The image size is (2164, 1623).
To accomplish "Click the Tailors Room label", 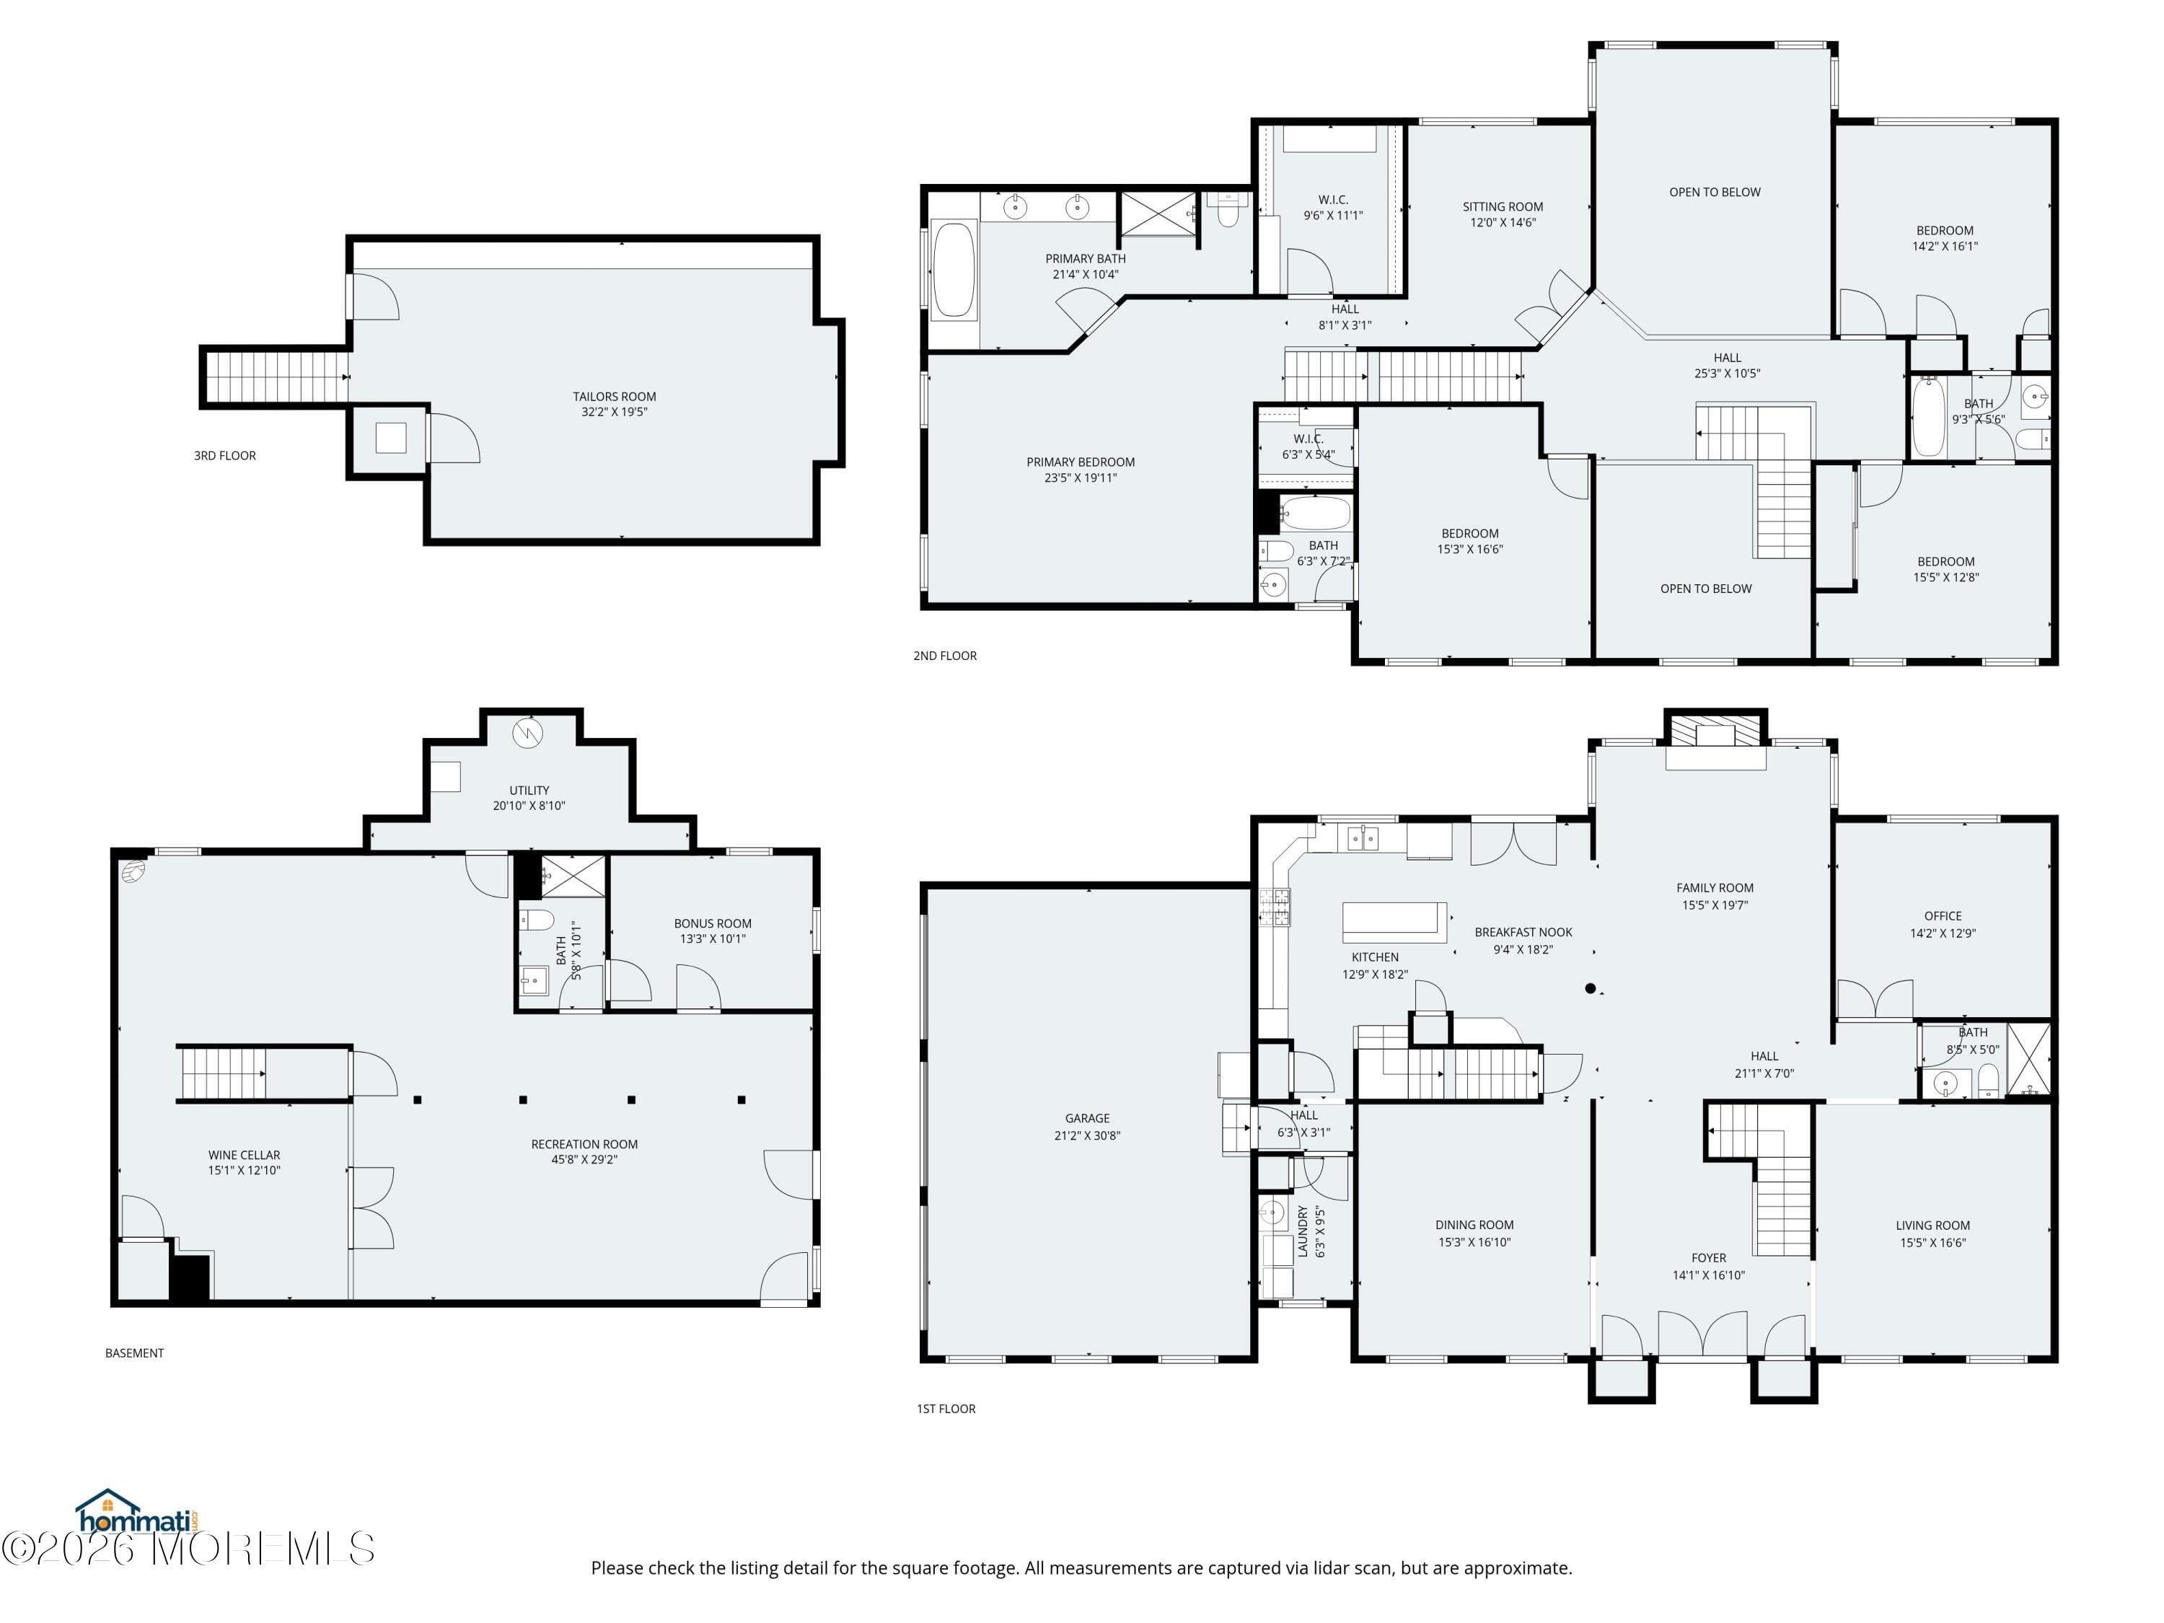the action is click(615, 396).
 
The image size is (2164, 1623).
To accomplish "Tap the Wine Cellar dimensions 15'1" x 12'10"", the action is click(245, 1170).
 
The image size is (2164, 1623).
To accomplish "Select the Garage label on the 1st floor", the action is click(1087, 1118).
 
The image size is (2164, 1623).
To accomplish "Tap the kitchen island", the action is click(1394, 922).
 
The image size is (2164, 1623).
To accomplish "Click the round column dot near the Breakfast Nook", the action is click(1591, 988).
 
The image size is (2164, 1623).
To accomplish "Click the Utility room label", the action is click(529, 791).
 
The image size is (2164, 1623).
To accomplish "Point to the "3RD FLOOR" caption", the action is click(225, 456).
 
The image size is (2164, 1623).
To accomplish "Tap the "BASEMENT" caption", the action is click(135, 1353).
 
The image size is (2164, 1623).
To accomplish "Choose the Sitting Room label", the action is click(1503, 206).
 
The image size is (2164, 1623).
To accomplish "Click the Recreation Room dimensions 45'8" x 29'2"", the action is click(585, 1160).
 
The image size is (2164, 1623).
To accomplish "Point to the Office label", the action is click(1943, 917).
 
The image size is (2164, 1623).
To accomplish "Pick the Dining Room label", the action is click(1474, 1225).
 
